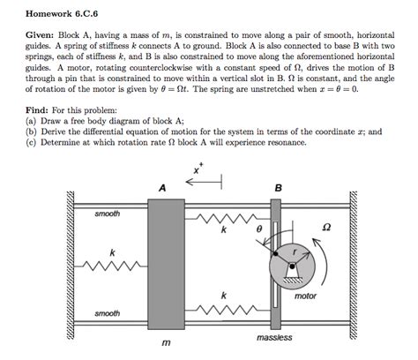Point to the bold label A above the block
162,188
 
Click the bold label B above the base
279,188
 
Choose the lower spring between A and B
226,309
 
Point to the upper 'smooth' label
108,214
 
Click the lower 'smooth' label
108,314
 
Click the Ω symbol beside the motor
326,227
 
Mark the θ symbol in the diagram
258,229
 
